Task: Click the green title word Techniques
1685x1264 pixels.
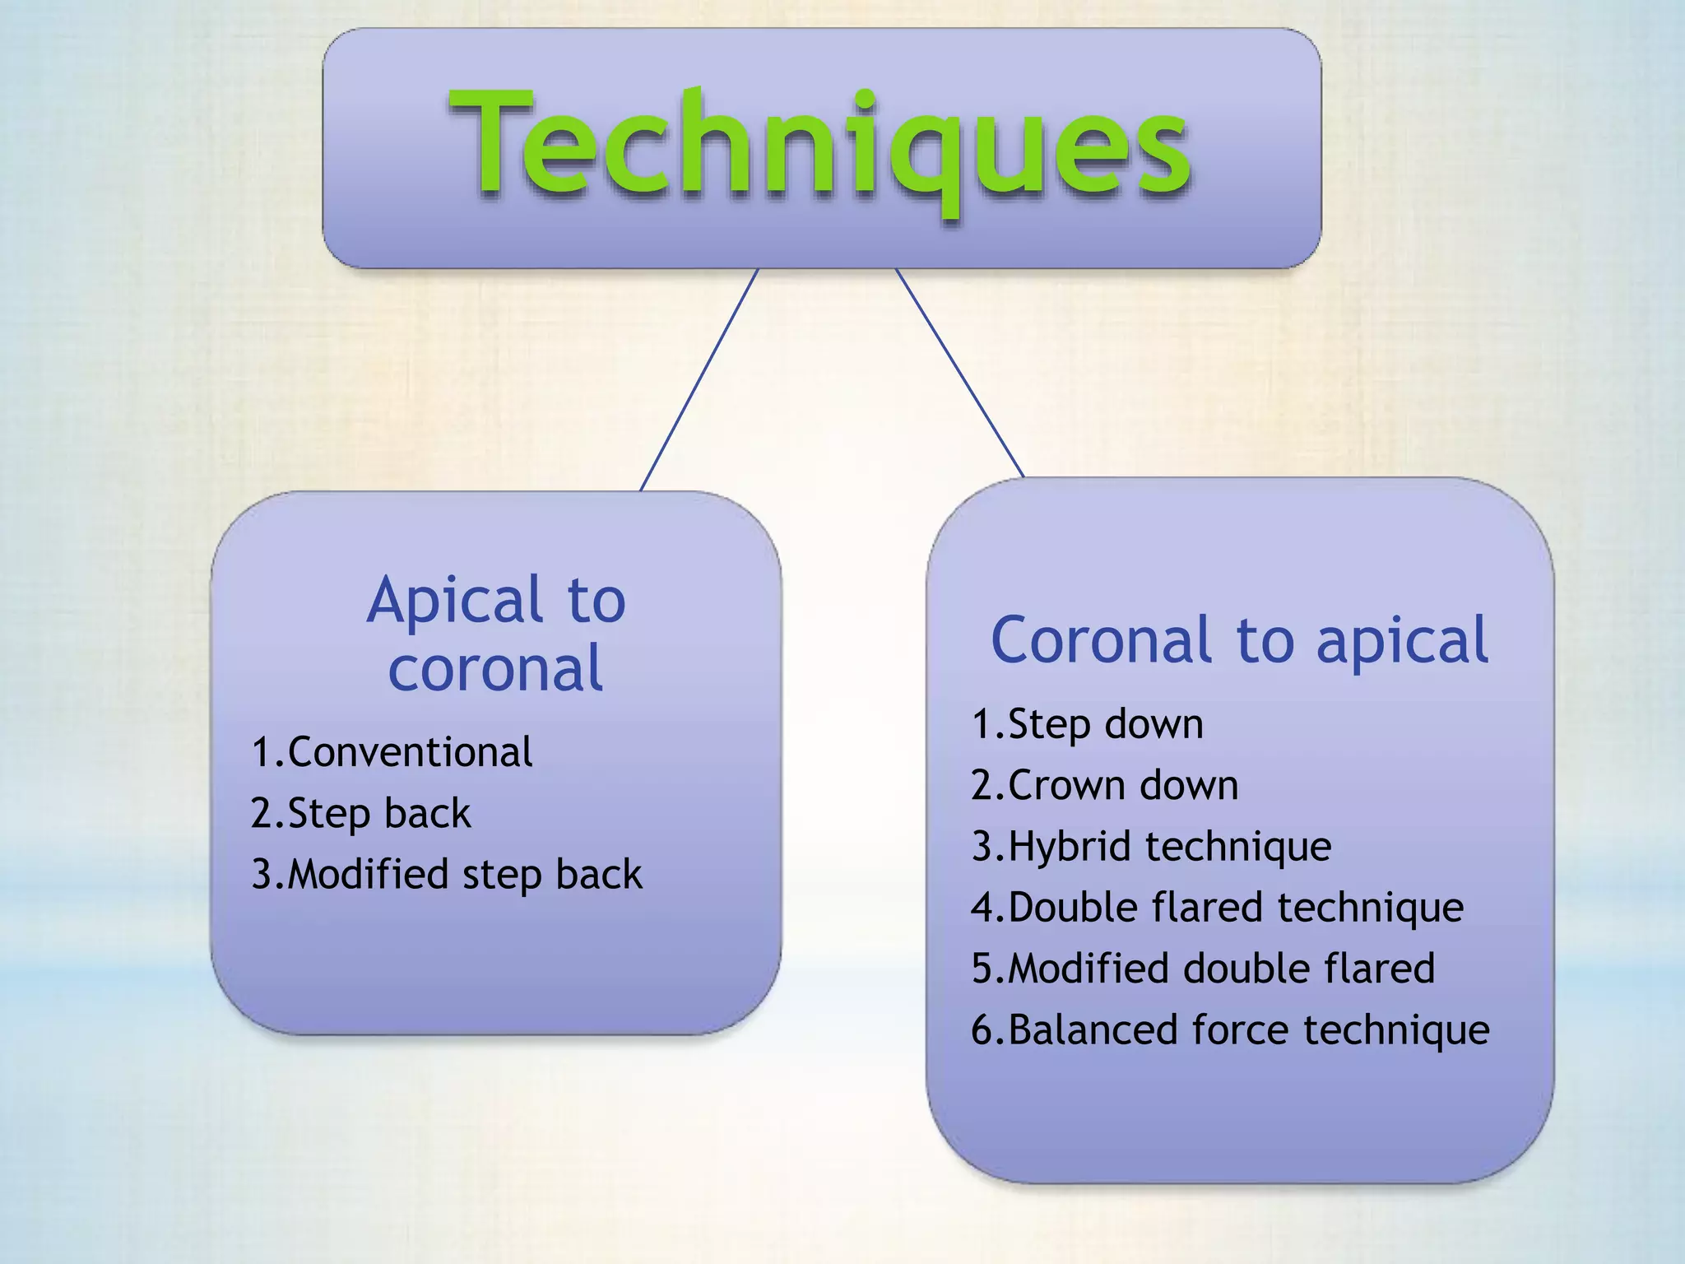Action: [x=821, y=146]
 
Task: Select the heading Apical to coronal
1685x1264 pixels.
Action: [x=496, y=634]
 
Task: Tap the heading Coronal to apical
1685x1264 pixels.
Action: [x=1239, y=640]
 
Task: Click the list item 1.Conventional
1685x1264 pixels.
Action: [x=392, y=752]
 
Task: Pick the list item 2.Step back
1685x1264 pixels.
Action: [x=360, y=813]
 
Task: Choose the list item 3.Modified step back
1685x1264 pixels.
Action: [x=446, y=874]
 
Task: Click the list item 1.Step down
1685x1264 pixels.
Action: [x=1087, y=724]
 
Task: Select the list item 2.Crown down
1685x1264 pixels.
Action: [x=1104, y=785]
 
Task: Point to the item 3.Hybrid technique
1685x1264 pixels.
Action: [x=1150, y=846]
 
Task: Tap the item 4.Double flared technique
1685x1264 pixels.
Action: [x=1217, y=908]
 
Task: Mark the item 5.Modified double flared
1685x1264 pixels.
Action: [x=1202, y=969]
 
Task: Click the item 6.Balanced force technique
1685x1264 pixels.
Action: [x=1230, y=1029]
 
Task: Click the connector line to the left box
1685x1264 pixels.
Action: [x=699, y=379]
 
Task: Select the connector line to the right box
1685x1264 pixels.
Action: [x=959, y=372]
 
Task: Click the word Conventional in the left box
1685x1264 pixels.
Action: [x=410, y=752]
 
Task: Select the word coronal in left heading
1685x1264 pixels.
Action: [x=496, y=668]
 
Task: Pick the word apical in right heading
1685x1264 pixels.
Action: [x=1402, y=642]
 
